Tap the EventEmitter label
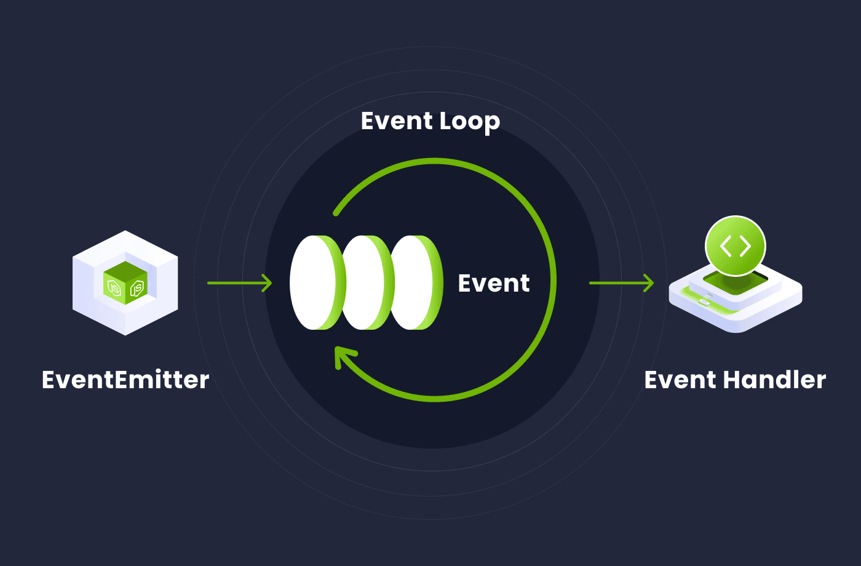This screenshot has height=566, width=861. point(125,380)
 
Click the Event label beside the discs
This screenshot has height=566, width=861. point(493,283)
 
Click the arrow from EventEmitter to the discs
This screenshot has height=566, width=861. point(239,283)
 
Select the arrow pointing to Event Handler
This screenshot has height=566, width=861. point(621,283)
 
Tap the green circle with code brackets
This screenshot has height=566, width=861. point(736,246)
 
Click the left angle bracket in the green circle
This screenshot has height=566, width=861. point(726,246)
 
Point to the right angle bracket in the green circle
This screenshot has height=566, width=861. point(745,246)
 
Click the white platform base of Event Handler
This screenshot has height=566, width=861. point(736,311)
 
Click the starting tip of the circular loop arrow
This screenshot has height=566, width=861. point(336,213)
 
